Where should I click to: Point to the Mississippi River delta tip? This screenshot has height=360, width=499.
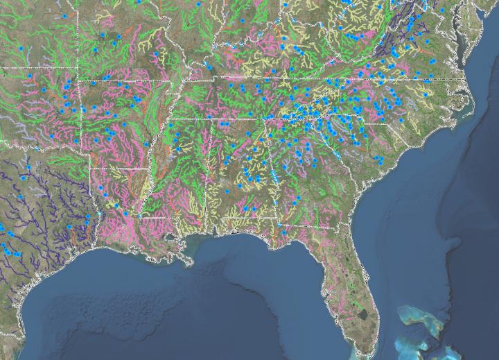coord(188,263)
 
